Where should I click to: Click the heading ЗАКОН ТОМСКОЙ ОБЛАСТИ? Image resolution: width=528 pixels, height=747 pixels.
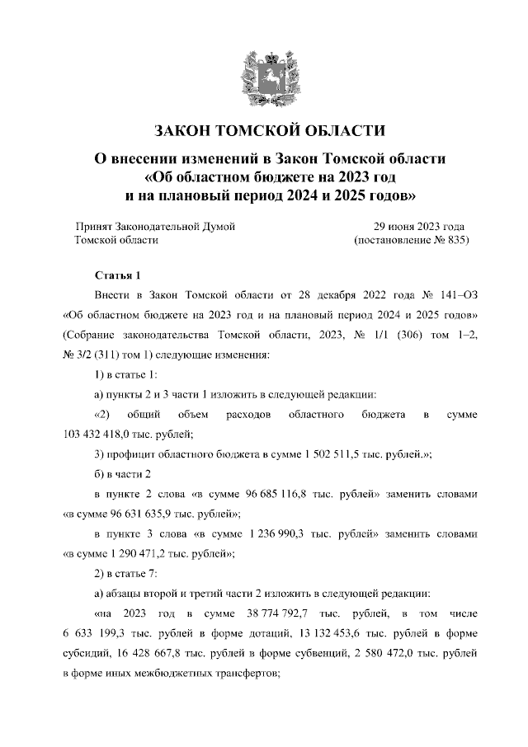pyautogui.click(x=263, y=132)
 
